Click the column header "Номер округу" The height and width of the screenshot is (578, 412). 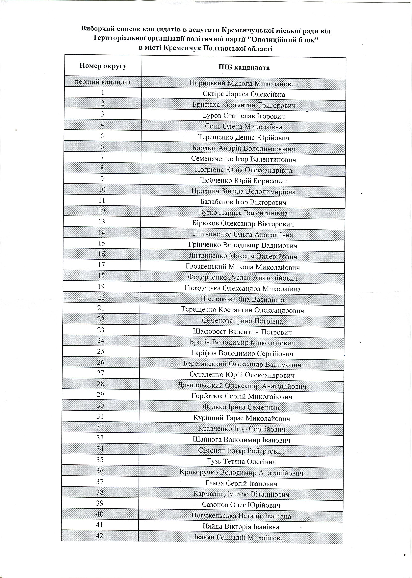pos(103,66)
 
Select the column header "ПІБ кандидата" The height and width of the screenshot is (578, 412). pos(244,68)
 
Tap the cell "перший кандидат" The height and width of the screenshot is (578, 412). pos(103,82)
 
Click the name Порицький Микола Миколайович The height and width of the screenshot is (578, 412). pos(244,84)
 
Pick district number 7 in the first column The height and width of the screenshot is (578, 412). pos(102,157)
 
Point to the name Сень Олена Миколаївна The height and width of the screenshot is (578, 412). pos(243,127)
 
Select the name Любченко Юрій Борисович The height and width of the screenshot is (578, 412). pos(243,181)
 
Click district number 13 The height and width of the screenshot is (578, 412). pos(102,222)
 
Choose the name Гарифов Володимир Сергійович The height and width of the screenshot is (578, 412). pos(242,354)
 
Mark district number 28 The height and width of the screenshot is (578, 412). pos(101,384)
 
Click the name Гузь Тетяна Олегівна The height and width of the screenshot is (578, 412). pos(241,462)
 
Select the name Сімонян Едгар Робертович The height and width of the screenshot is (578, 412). pos(241,451)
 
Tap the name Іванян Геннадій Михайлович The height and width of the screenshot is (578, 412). pos(241,537)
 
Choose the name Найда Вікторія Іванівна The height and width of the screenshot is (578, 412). pos(241,527)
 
